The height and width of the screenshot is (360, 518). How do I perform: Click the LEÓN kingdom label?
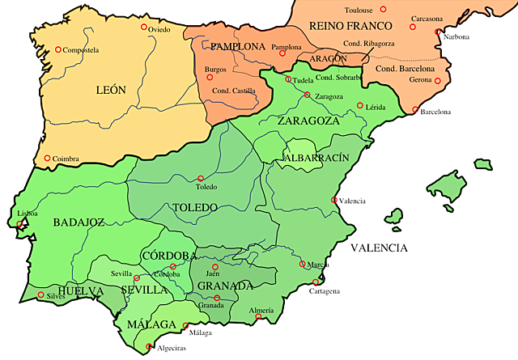pos(110,90)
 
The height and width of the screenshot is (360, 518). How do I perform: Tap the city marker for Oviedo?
pos(144,28)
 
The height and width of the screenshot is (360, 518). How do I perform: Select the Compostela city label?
pos(80,50)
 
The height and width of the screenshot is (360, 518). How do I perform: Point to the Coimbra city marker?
pos(48,158)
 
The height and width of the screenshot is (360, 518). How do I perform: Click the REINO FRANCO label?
pos(334,26)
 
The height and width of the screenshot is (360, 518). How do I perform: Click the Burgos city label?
pos(216,70)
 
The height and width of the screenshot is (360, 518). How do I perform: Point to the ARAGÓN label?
pos(327,59)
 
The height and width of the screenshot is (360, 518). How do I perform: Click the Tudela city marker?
pos(288,79)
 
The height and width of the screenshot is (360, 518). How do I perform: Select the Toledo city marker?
pos(200,179)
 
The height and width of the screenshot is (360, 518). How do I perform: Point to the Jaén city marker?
pos(214,266)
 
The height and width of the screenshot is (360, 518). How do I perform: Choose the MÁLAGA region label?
pos(151,324)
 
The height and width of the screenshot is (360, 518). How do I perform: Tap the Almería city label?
pos(261,311)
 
